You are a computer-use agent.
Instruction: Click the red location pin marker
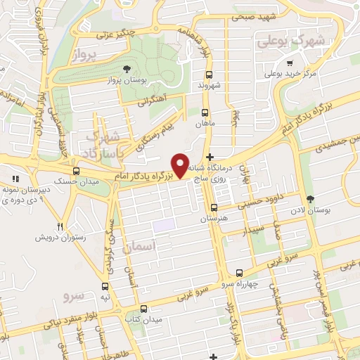(x=181, y=166)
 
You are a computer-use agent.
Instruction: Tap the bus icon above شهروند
(x=209, y=75)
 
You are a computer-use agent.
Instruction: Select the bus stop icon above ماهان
(x=205, y=112)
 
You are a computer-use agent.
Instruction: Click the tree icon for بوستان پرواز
(x=127, y=69)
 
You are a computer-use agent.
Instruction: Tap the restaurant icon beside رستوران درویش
(x=60, y=226)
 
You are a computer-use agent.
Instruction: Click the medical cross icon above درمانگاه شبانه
(x=210, y=156)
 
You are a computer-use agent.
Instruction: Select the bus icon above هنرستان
(x=214, y=207)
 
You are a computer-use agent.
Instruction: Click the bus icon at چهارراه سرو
(x=240, y=272)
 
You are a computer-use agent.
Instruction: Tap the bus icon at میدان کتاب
(x=145, y=309)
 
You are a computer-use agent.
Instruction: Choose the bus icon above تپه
(x=105, y=286)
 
